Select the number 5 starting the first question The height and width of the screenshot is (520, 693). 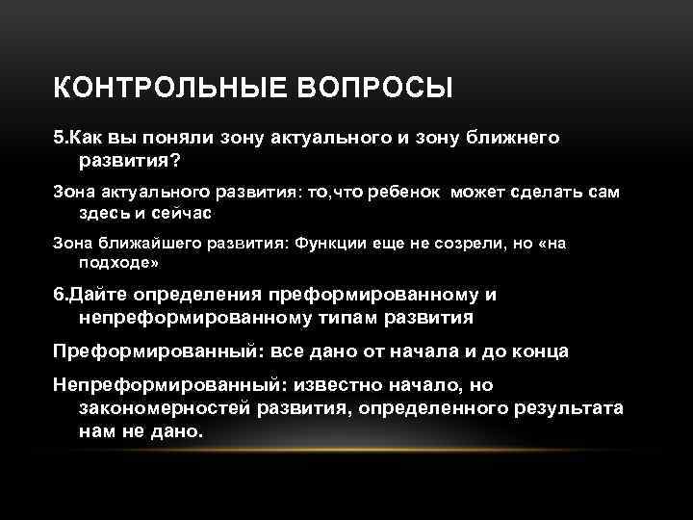59,139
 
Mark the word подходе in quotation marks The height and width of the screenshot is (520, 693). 116,262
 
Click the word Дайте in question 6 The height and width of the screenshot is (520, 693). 93,296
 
